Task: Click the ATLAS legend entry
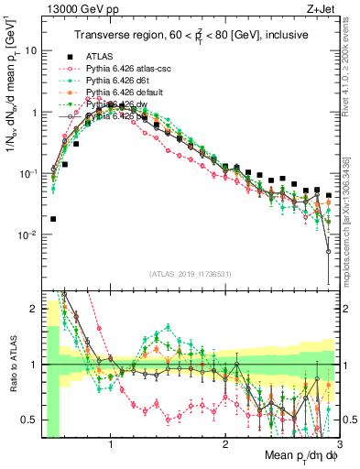pyautogui.click(x=99, y=56)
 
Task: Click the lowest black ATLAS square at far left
pyautogui.click(x=53, y=219)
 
